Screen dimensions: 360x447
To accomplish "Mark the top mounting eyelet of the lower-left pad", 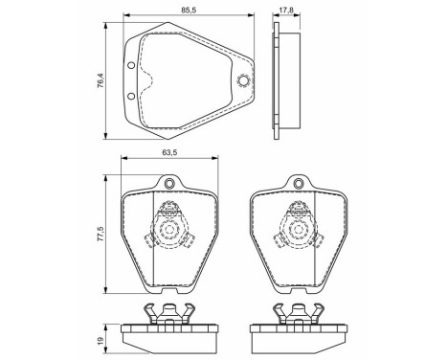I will (x=170, y=185).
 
